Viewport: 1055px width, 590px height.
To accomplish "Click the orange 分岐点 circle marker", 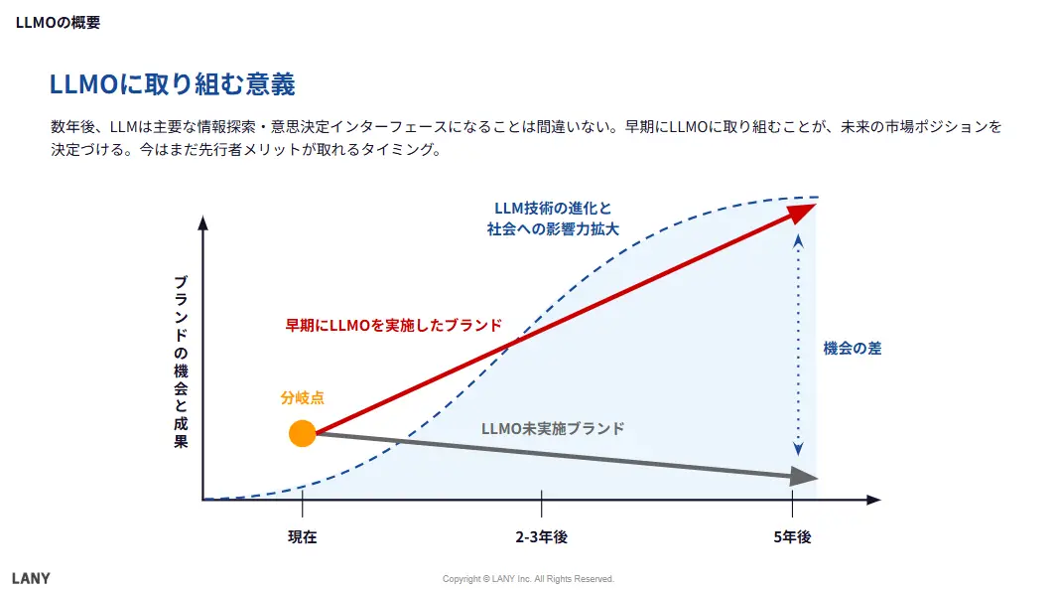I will tap(302, 433).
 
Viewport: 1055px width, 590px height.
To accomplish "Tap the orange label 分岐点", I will tap(302, 398).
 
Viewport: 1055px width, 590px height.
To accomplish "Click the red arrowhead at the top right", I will tap(805, 210).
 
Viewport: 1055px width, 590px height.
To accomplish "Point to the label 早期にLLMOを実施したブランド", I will tap(393, 325).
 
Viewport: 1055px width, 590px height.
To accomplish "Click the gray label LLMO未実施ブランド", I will tap(553, 428).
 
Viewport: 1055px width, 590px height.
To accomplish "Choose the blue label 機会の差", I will tap(852, 348).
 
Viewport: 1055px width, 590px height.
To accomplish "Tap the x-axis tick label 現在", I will tap(302, 537).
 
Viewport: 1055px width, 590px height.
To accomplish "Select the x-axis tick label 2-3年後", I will tap(541, 537).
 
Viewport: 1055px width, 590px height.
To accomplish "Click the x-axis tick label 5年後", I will tap(792, 537).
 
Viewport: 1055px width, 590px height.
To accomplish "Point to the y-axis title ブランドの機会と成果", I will tap(181, 363).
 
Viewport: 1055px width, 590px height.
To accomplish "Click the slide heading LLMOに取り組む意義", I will tap(172, 83).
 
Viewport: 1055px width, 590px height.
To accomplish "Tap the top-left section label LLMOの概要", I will tap(58, 22).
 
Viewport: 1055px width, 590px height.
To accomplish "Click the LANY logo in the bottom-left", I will tap(31, 578).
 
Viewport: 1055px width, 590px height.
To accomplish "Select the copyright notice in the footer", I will tap(528, 579).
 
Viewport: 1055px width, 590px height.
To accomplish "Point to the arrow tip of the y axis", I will tap(202, 222).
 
